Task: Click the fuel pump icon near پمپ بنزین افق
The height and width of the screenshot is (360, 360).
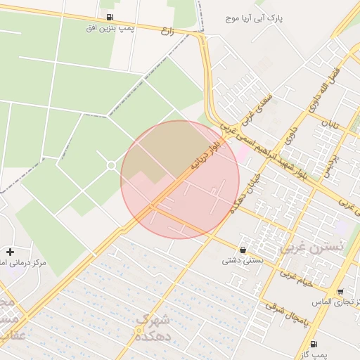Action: (x=109, y=17)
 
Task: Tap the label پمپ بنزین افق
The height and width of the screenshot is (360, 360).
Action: (x=110, y=28)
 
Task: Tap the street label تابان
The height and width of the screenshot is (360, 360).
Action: (x=330, y=127)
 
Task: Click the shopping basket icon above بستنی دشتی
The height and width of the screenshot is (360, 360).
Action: (x=243, y=250)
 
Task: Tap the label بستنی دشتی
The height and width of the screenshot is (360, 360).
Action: (x=242, y=261)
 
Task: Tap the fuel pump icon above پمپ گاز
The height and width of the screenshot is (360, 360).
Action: (x=313, y=344)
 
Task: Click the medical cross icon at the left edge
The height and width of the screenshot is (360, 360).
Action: (x=10, y=251)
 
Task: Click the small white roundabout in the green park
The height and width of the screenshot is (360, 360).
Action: (x=111, y=165)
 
